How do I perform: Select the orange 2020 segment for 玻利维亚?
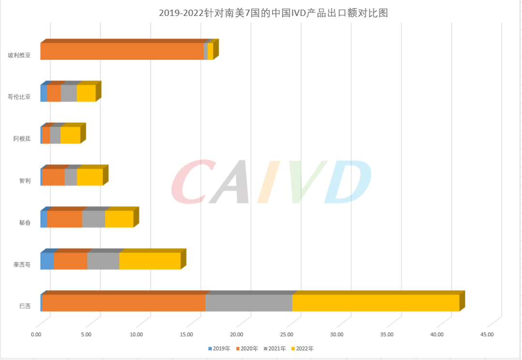tap(122, 51)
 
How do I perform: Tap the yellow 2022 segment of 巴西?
tap(376, 302)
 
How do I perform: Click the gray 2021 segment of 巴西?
tap(249, 302)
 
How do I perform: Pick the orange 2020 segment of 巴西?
tap(124, 302)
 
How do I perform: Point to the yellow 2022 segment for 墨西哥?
tap(150, 261)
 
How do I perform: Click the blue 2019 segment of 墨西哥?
tap(47, 261)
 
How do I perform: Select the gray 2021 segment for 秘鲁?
tap(93, 219)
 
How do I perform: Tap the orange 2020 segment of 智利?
tap(54, 177)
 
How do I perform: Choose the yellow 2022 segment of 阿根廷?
tap(70, 135)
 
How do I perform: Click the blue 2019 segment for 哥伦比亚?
tap(43, 93)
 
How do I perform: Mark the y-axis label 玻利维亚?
tap(19, 55)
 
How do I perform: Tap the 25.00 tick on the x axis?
tap(287, 334)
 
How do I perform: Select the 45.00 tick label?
tap(487, 334)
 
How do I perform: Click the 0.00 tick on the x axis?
tap(37, 334)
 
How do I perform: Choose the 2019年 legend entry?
tap(219, 348)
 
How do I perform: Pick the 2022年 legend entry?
tap(302, 348)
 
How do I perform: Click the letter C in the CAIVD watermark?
tap(191, 183)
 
